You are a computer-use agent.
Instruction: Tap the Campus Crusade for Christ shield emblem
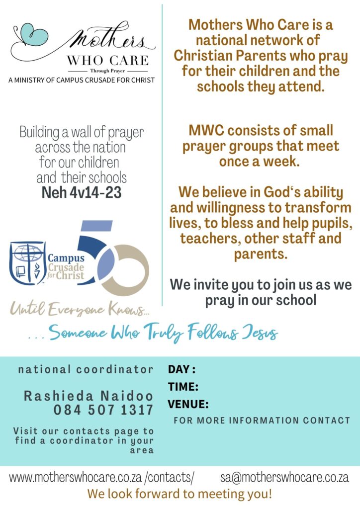[x=28, y=262]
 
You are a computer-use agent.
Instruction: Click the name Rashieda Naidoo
[x=89, y=396]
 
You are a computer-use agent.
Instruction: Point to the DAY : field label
[x=181, y=369]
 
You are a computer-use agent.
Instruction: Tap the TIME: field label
[x=183, y=387]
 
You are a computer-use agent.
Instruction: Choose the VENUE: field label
[x=188, y=404]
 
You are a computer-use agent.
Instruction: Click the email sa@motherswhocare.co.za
[x=284, y=478]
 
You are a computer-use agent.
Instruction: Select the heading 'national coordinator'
[x=86, y=369]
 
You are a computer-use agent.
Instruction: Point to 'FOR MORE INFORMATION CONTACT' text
[x=262, y=421]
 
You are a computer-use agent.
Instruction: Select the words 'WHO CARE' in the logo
[x=107, y=61]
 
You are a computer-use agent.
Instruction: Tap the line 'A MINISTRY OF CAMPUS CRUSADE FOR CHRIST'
[x=82, y=80]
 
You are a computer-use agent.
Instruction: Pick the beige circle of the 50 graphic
[x=130, y=271]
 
